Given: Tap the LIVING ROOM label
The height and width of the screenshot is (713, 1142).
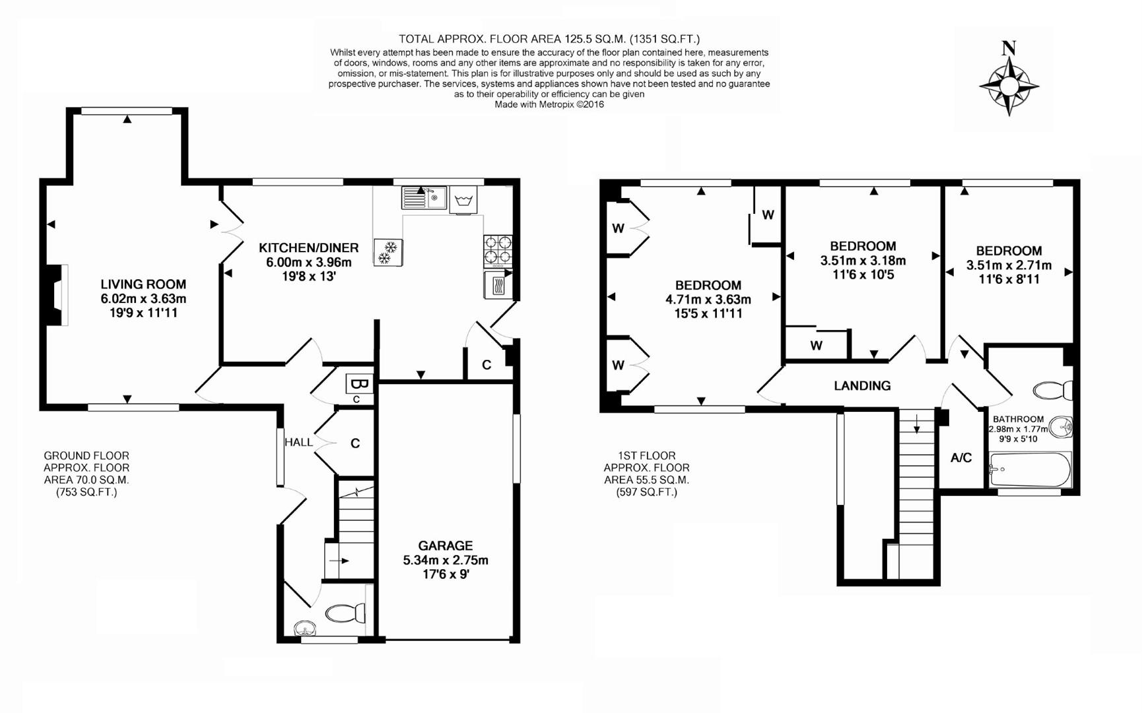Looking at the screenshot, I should pyautogui.click(x=143, y=285).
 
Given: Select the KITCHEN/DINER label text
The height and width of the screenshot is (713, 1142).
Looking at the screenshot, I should pyautogui.click(x=308, y=248).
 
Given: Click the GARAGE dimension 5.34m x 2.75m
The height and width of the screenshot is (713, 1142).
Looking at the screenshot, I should pyautogui.click(x=446, y=560).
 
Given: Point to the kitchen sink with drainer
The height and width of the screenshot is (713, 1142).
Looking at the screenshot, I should pyautogui.click(x=424, y=197).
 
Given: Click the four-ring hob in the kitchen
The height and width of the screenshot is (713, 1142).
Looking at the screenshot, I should pyautogui.click(x=497, y=250).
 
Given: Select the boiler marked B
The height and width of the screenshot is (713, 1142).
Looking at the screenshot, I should pyautogui.click(x=359, y=384).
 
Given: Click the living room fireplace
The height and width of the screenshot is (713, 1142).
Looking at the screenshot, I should pyautogui.click(x=58, y=295).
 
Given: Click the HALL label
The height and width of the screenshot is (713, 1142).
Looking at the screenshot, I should pyautogui.click(x=298, y=442).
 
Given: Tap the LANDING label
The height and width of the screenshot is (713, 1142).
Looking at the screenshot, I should pyautogui.click(x=861, y=386).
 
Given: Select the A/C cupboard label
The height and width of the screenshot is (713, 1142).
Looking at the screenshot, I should pyautogui.click(x=960, y=458).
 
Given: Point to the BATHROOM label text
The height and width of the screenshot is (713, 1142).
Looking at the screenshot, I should pyautogui.click(x=1018, y=419).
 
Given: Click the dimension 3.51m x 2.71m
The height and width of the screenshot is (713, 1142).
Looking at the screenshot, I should pyautogui.click(x=1009, y=265).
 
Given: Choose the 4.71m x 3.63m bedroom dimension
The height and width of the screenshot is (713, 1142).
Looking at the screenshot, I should pyautogui.click(x=708, y=299).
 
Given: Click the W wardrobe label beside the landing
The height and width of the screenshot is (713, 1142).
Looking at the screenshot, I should pyautogui.click(x=817, y=345).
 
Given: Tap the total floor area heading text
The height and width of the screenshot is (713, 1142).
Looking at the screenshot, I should pyautogui.click(x=549, y=40).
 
